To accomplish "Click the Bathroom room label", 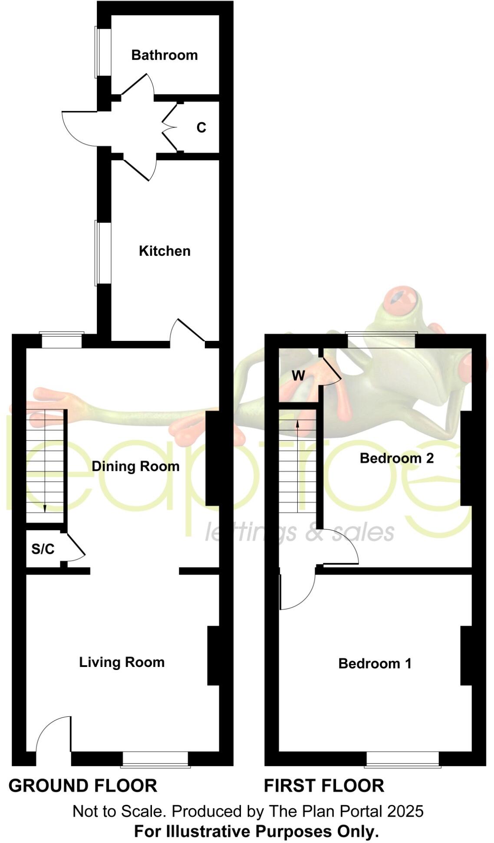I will pos(164,55).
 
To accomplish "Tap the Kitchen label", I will pos(165,251).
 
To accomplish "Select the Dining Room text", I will pos(135,467).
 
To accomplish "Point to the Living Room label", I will pos(122,662).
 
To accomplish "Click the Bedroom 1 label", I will pos(375,663).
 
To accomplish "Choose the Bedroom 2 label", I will pos(396,458).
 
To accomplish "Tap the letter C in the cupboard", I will pos(201,128).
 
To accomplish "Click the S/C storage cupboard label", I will pos(43,549).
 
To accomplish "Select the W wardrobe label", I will pos(298,376).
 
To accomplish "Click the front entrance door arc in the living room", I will pos(52,733).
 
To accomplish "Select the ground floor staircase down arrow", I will pos(45,507).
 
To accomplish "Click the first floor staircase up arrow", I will pos(297,424).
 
